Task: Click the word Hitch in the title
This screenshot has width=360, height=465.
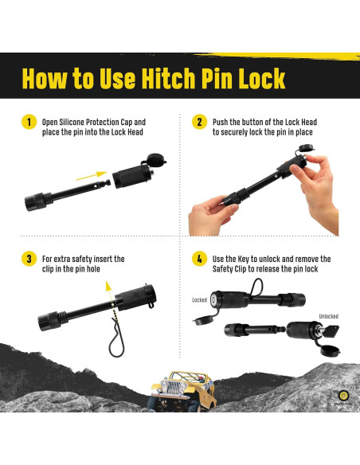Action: click(x=168, y=78)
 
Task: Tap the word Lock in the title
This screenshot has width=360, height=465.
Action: click(x=261, y=78)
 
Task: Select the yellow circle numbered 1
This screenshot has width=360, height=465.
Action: click(x=29, y=122)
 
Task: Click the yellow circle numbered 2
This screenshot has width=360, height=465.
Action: click(x=200, y=122)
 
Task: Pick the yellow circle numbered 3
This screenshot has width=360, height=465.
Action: click(x=29, y=259)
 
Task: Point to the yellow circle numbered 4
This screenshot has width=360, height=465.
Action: click(x=200, y=259)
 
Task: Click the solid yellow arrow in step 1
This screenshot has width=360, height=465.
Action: click(x=92, y=175)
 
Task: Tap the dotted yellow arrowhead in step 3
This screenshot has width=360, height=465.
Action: click(x=108, y=286)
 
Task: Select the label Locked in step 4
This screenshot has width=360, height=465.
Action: click(x=200, y=300)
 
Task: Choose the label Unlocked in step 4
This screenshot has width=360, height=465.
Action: click(x=329, y=316)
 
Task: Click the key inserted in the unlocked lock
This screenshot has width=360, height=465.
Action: click(x=330, y=331)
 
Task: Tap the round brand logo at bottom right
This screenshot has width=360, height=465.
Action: click(x=344, y=395)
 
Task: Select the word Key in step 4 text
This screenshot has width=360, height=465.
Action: click(x=243, y=259)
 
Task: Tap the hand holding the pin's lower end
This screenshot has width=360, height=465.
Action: click(x=211, y=215)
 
